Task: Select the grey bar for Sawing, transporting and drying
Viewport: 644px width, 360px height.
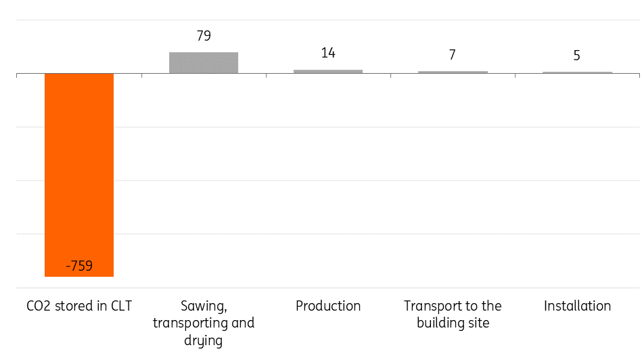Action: coord(204,62)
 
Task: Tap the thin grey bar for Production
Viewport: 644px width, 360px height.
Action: coord(328,71)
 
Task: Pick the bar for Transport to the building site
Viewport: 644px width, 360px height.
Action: coord(453,72)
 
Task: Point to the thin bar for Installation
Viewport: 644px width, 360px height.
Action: coord(577,72)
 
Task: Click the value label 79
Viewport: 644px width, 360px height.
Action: coord(204,36)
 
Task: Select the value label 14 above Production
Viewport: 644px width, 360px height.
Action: coord(328,53)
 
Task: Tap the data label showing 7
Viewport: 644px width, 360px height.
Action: coord(453,55)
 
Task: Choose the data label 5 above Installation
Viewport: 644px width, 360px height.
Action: coord(577,55)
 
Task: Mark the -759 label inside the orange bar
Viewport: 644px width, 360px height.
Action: coord(79,266)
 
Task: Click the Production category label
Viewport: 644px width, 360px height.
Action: coord(328,306)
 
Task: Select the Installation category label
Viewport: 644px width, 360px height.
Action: coord(577,306)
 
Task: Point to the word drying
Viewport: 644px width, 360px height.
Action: coord(204,340)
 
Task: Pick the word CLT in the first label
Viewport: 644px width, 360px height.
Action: coord(120,306)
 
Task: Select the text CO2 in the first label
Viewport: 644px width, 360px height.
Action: coord(39,306)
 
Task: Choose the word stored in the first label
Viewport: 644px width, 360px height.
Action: coord(72,306)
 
